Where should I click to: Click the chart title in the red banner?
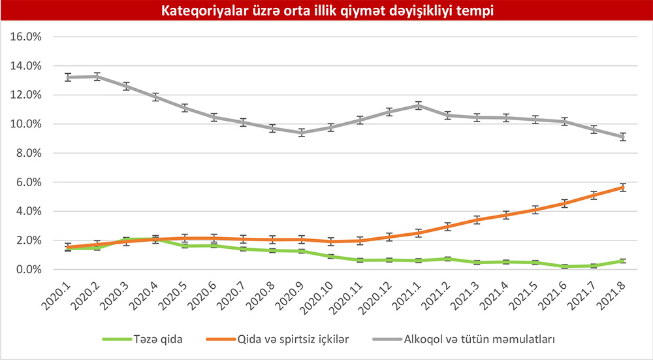click(x=326, y=11)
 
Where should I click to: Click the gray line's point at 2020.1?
click(x=68, y=77)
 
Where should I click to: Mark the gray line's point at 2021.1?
click(x=419, y=105)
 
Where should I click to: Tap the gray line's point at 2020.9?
click(x=302, y=132)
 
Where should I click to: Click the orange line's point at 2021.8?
click(x=623, y=188)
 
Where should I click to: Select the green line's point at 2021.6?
click(x=565, y=267)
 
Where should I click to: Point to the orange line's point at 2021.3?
click(x=477, y=220)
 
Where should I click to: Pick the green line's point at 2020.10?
click(x=331, y=257)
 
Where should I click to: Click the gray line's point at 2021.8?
click(x=623, y=137)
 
